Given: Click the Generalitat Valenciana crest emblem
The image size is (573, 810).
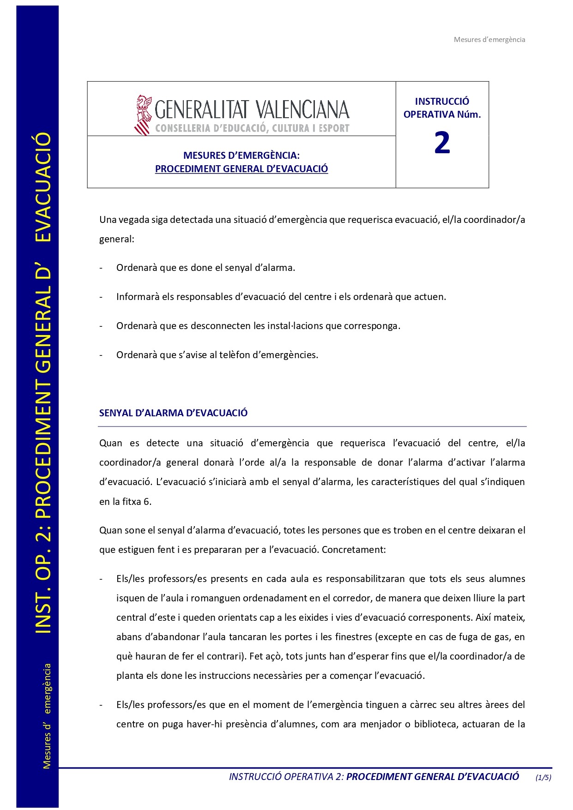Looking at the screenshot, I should (143, 115).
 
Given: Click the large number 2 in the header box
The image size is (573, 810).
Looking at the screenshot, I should (442, 143).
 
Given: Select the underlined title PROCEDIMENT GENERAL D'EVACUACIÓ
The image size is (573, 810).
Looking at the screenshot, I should (241, 169).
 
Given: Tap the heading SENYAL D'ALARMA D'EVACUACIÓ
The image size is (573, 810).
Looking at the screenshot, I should (173, 413).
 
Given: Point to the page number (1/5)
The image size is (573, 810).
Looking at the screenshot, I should (543, 777).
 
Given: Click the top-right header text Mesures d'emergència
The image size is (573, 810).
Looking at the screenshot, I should (489, 40).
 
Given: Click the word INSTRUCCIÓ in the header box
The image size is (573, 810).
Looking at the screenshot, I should (442, 102).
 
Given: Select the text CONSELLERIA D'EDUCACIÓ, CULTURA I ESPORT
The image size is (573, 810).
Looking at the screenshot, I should (252, 128).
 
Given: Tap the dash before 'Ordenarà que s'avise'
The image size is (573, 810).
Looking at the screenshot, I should (101, 355).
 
